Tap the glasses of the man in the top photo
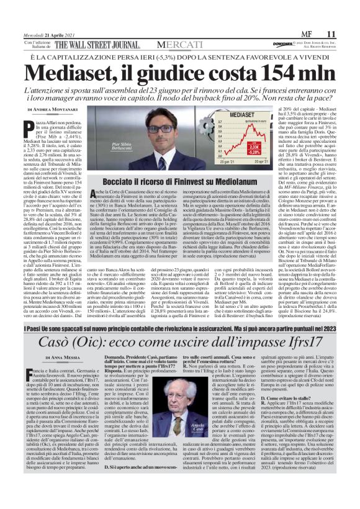[x=145, y=128]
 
